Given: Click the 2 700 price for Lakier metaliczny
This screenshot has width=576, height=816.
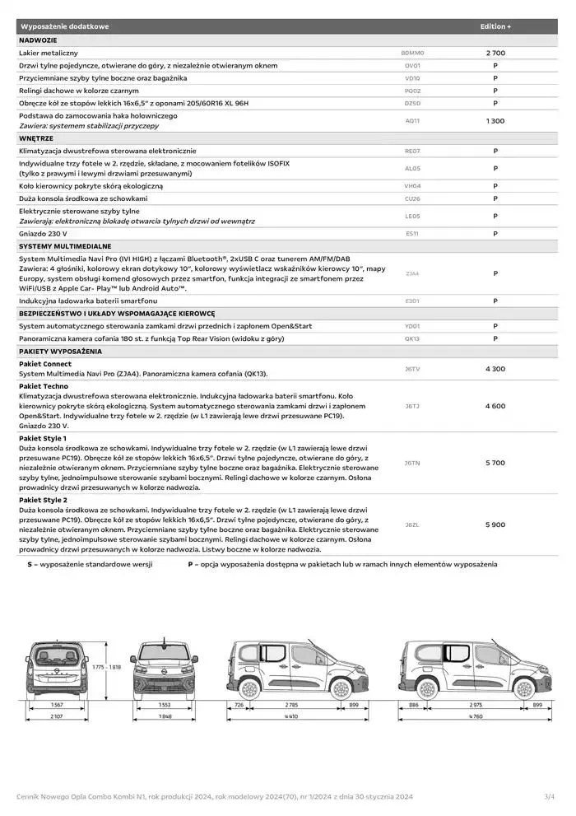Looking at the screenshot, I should coord(495,53).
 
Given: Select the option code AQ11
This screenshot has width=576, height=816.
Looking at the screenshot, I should coord(412,121).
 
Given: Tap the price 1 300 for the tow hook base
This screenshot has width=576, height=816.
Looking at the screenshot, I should coord(495,121).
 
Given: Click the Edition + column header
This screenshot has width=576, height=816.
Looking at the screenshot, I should coord(495,26).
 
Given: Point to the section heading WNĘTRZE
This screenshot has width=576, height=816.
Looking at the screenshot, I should coord(36,138).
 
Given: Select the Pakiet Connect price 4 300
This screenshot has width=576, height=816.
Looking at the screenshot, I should coord(495,369).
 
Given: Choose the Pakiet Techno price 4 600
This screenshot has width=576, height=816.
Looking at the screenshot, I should coord(495,406).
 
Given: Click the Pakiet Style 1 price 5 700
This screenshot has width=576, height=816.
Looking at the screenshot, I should coord(495,463).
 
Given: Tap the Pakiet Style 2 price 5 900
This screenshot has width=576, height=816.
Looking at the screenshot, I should coord(495,525).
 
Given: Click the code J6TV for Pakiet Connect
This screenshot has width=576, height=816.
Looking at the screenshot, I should coord(412,369).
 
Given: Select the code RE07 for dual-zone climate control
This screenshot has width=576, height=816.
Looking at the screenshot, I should coord(412,152).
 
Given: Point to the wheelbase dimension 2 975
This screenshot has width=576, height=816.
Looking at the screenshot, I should coord(476,706).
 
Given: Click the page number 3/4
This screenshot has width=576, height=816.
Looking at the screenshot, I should coord(550,796).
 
